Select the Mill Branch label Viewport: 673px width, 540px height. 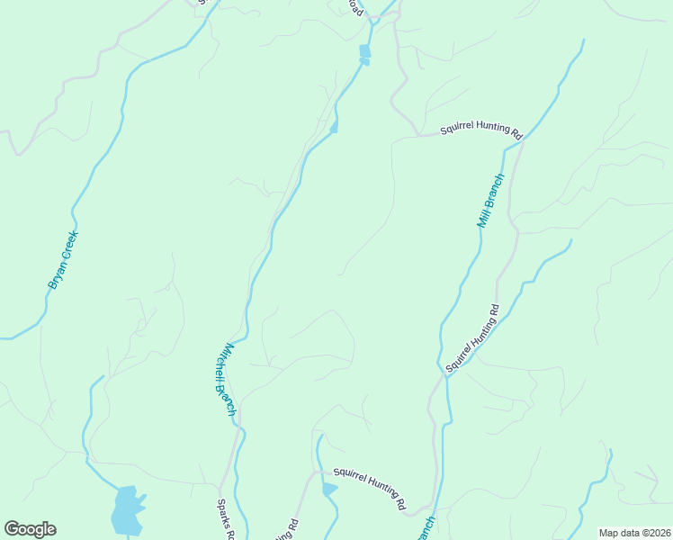click(491, 200)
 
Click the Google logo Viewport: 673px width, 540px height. click(30, 529)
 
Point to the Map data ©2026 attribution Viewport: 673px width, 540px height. click(633, 532)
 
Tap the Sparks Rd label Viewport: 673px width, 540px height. click(226, 521)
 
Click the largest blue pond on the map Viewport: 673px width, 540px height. click(126, 510)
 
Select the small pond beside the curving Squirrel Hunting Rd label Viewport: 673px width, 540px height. click(329, 489)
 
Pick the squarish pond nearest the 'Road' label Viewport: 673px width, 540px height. click(364, 51)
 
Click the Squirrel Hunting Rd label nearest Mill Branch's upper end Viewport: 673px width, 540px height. click(480, 130)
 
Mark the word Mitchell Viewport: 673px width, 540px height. click(223, 364)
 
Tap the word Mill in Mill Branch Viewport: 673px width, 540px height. click(484, 216)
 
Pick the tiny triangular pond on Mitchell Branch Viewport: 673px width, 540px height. click(334, 129)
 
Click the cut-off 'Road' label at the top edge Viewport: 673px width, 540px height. click(357, 7)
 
